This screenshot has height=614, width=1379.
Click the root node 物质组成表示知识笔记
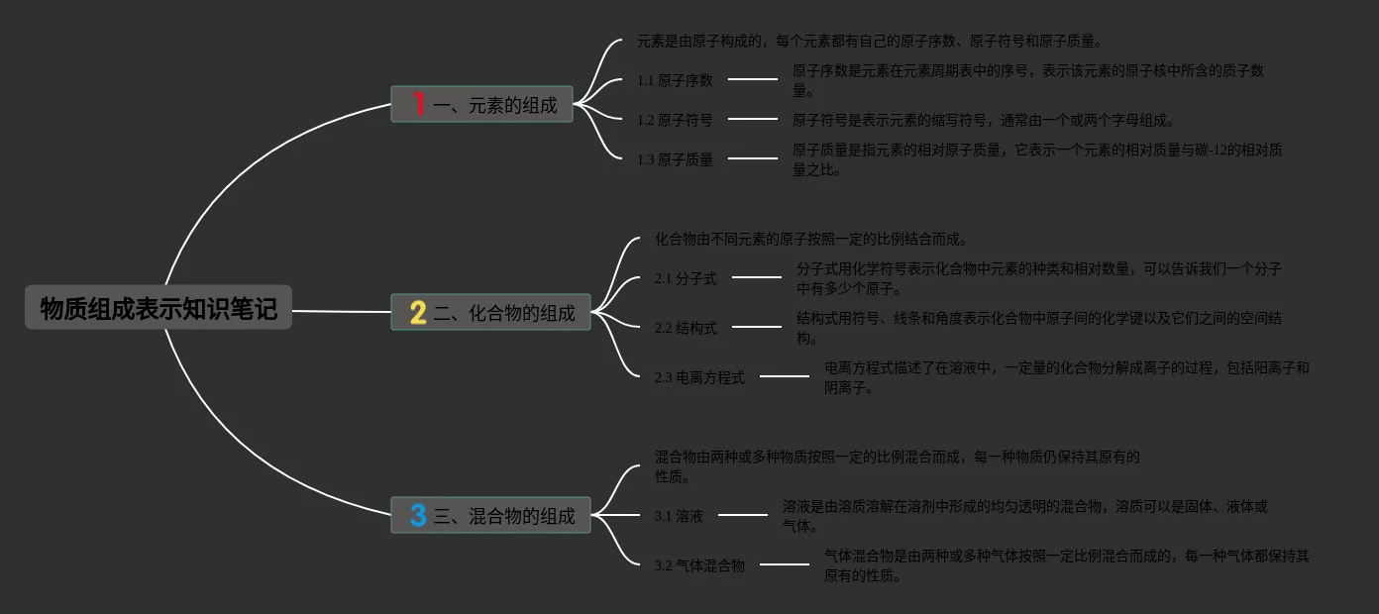(159, 308)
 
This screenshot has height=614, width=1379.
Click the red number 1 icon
(418, 104)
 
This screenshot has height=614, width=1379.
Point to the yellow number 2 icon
(418, 313)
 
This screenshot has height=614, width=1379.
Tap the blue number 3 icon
(418, 516)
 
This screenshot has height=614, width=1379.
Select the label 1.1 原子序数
(675, 80)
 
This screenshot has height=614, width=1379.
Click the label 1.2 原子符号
(675, 120)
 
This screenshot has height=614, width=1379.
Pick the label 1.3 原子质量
(675, 159)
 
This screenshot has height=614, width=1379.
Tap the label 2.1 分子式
(686, 278)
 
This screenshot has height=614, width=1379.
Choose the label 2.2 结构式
(686, 328)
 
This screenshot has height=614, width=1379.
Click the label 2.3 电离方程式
(699, 377)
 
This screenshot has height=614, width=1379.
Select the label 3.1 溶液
(679, 516)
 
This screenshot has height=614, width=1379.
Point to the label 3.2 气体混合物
(699, 565)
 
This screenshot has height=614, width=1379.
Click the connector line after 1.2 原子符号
(753, 119)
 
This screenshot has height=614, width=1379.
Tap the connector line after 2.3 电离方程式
(785, 376)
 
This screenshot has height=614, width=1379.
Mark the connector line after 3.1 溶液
(743, 515)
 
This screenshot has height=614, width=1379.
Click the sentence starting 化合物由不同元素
(810, 239)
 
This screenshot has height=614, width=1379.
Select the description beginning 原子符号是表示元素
(983, 120)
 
